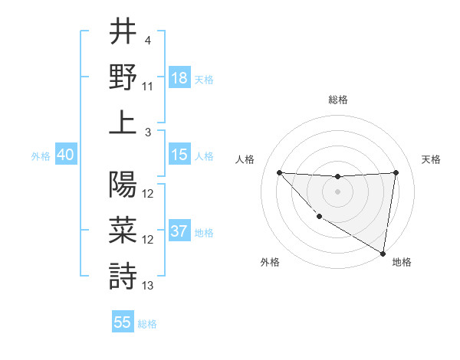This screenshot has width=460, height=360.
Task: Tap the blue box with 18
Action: (x=179, y=77)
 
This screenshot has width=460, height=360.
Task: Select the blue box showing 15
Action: (x=179, y=155)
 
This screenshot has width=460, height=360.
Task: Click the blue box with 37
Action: (x=179, y=232)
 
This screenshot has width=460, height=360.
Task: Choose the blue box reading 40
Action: (x=65, y=155)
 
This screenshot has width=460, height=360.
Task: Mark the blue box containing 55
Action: (x=123, y=322)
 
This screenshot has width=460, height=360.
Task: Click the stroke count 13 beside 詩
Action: (x=148, y=286)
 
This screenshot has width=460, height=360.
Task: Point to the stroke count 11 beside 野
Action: (x=148, y=87)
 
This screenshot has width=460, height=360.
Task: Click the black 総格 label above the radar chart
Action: (x=337, y=100)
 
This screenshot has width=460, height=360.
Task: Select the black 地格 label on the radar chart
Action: (x=402, y=262)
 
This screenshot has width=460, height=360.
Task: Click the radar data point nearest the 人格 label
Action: (x=279, y=172)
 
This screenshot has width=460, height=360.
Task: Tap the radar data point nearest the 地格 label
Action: (x=383, y=253)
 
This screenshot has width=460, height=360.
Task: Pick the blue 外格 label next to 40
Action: (x=41, y=155)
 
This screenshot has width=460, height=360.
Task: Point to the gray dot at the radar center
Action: (x=337, y=191)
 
